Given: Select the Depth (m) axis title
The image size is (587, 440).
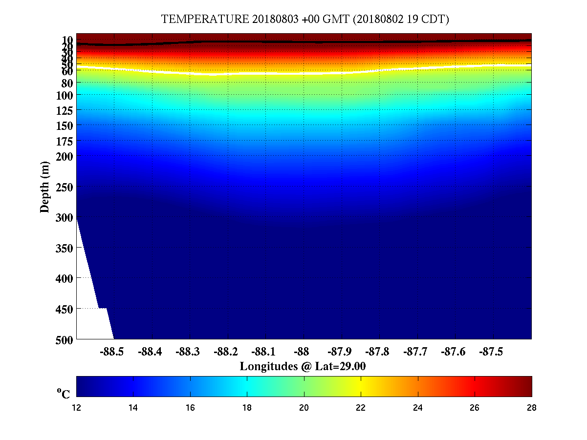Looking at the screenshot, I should point(45,187).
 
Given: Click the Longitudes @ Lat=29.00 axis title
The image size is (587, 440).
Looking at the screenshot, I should point(303,366).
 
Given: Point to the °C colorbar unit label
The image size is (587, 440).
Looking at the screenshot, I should point(64,394).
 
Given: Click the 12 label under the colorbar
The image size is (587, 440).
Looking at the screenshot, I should point(77,407).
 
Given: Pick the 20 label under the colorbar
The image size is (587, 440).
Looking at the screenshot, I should point(304,407).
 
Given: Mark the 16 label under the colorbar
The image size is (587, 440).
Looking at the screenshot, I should point(191,407).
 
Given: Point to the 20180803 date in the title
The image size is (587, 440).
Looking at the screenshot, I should point(274,20).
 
